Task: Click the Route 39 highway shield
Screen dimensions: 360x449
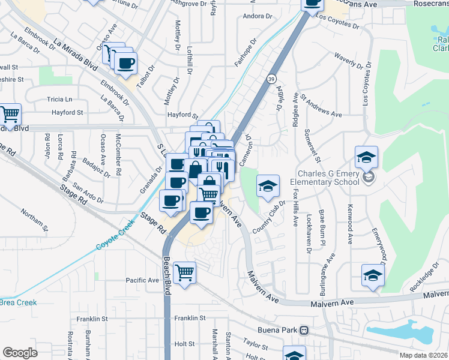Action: [271, 79]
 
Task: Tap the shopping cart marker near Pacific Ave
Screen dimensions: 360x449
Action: [185, 272]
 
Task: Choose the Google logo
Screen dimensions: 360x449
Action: [20, 353]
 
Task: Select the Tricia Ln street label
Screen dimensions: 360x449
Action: [59, 99]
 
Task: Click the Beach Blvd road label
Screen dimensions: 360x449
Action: [167, 276]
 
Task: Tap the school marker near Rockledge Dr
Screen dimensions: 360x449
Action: [373, 275]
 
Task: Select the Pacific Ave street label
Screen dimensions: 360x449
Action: [142, 280]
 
